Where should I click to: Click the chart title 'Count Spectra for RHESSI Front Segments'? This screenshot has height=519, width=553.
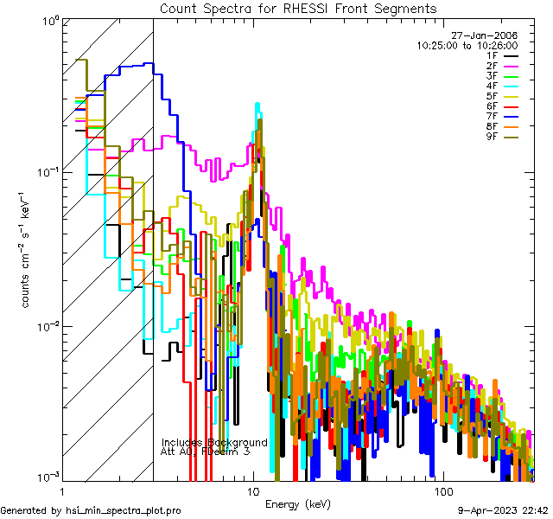(298, 8)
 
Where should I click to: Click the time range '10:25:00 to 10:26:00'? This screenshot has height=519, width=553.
(467, 45)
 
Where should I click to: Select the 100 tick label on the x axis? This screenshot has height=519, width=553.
(442, 490)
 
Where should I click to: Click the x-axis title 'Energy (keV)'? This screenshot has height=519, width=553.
(297, 503)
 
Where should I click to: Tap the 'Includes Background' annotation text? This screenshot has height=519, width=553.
(214, 442)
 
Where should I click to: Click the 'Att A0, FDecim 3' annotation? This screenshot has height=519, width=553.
(206, 452)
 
